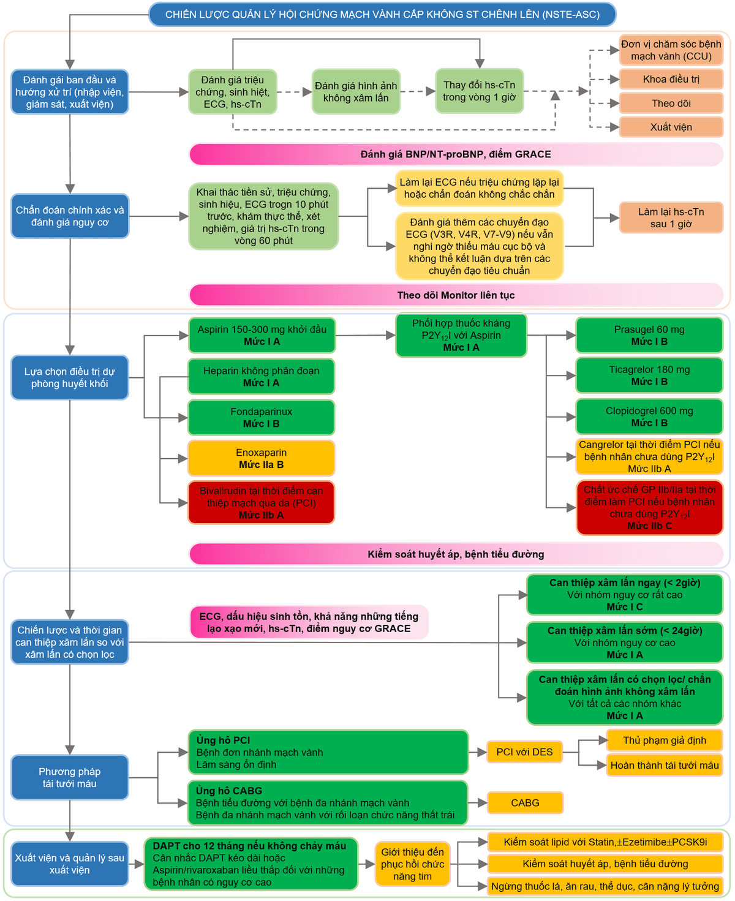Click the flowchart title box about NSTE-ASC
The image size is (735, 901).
tap(382, 15)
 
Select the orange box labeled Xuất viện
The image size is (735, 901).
tap(671, 127)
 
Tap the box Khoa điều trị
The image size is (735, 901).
tap(671, 79)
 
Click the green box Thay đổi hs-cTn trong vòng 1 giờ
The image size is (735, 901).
tap(479, 91)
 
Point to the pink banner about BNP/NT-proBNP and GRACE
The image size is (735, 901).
tap(456, 154)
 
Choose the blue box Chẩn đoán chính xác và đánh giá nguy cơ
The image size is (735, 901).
tap(70, 216)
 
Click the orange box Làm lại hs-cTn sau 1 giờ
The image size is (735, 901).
tap(671, 217)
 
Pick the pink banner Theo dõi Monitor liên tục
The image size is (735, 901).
tap(456, 295)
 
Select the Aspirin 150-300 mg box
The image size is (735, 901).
tap(262, 335)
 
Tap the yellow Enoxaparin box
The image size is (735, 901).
tap(262, 458)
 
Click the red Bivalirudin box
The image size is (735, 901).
tap(262, 503)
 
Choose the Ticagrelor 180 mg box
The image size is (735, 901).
tap(649, 375)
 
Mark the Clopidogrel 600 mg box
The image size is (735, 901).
tap(649, 417)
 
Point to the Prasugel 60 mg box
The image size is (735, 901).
tap(649, 335)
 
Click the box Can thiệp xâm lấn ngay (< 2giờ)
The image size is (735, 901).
tap(624, 595)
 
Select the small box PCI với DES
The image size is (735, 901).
tap(524, 752)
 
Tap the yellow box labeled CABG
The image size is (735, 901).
tap(525, 803)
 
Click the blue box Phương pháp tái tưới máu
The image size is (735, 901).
tap(70, 777)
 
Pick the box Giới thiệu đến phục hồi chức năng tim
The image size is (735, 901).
tap(412, 864)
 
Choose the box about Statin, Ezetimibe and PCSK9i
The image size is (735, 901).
tap(605, 842)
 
